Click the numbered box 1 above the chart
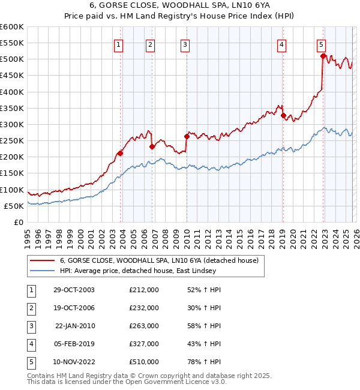(x=118, y=44)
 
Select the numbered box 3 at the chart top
(x=185, y=44)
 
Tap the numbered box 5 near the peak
(x=322, y=44)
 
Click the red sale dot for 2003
(x=121, y=153)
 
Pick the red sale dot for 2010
(x=187, y=136)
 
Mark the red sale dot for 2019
(x=283, y=115)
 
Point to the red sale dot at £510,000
(x=323, y=56)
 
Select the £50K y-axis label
(x=14, y=206)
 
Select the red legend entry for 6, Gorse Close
(x=158, y=260)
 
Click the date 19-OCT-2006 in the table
(x=74, y=308)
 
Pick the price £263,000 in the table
(x=143, y=326)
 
